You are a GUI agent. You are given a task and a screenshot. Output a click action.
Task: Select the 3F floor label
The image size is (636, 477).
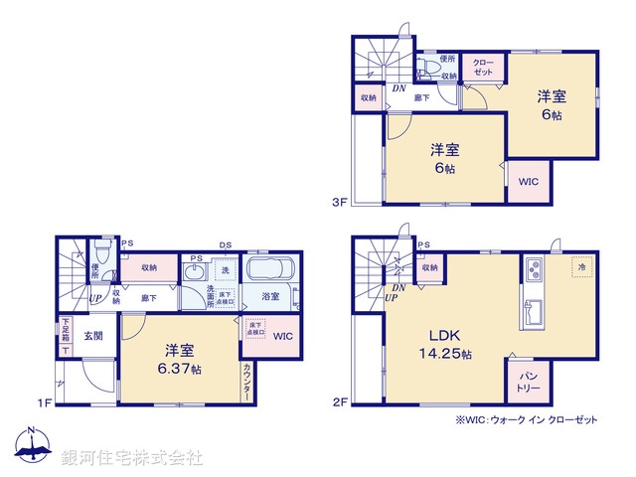(x=339, y=203)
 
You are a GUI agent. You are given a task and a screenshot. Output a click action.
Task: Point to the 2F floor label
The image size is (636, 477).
(x=339, y=402)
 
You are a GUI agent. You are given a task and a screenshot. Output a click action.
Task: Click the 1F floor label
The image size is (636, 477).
(x=44, y=402)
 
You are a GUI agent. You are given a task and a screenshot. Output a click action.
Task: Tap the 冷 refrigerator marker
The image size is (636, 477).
(x=577, y=267)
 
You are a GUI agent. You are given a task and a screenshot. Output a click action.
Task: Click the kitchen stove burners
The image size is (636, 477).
(x=533, y=269)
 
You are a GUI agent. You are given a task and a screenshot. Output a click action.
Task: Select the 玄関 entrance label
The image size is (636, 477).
(x=93, y=335)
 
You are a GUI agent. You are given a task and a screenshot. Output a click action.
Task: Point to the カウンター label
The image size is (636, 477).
(x=247, y=383)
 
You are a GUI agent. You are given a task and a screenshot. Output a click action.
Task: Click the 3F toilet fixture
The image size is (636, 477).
(x=427, y=69)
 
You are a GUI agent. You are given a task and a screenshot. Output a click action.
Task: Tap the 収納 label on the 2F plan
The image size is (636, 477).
(x=429, y=266)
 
